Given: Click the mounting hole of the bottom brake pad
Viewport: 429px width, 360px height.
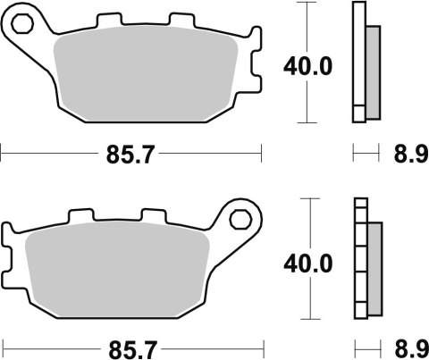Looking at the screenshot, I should (240, 218).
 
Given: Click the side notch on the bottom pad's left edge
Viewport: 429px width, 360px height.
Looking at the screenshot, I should (8, 260).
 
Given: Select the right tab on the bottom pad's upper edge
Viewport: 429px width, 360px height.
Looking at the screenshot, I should (155, 215).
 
